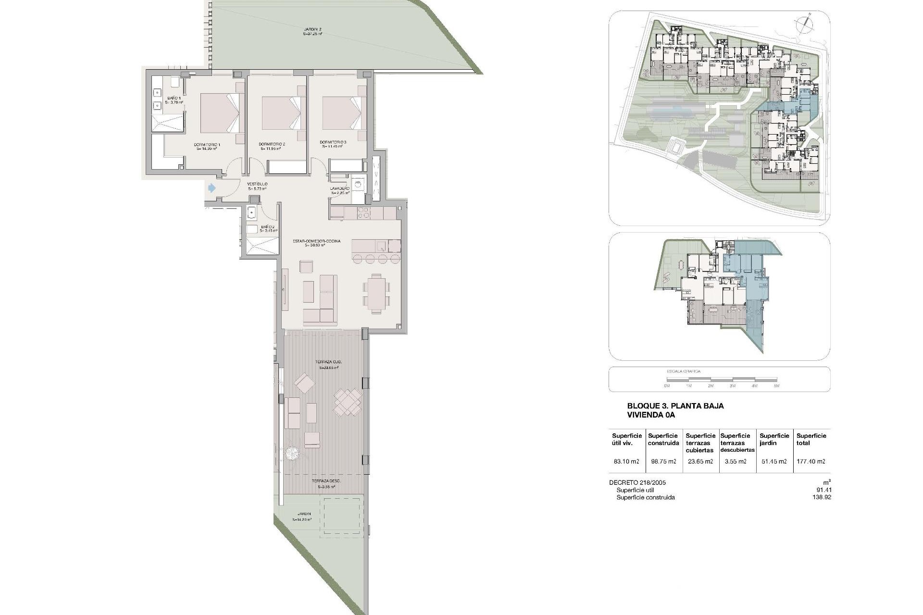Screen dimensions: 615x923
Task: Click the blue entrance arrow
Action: pyautogui.click(x=211, y=188)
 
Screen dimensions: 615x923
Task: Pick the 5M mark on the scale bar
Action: pyautogui.click(x=776, y=386)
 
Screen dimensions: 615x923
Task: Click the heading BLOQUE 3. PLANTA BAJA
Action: pyautogui.click(x=675, y=406)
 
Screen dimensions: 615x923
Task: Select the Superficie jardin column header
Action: pyautogui.click(x=774, y=439)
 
